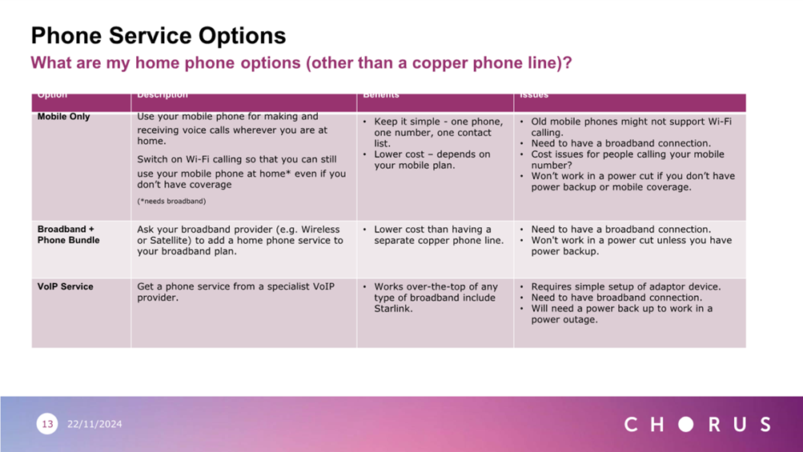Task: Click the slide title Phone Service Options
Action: [158, 36]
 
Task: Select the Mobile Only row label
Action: [63, 117]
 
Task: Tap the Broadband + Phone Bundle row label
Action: [68, 234]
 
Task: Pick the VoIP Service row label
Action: [65, 286]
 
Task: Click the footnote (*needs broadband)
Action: [171, 201]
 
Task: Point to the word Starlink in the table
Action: [393, 308]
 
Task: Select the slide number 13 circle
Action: [47, 424]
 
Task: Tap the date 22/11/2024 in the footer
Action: [94, 424]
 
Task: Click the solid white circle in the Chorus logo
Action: [685, 424]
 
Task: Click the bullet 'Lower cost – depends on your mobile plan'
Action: [432, 160]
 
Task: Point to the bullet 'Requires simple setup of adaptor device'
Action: [625, 286]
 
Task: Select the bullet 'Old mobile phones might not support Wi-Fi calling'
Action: [631, 127]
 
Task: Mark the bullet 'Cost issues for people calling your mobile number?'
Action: [627, 160]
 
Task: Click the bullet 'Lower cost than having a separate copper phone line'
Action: [439, 234]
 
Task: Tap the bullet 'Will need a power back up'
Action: [621, 314]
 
